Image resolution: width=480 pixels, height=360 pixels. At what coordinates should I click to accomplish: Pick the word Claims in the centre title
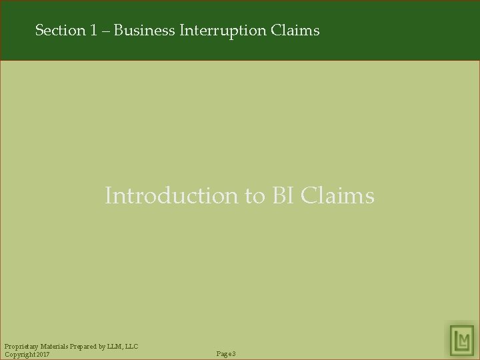point(339,196)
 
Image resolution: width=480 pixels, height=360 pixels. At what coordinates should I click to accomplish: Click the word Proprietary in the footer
point(21,345)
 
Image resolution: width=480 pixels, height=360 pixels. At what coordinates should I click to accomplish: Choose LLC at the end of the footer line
point(133,345)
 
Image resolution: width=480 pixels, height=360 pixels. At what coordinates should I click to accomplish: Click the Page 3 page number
point(227,353)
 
